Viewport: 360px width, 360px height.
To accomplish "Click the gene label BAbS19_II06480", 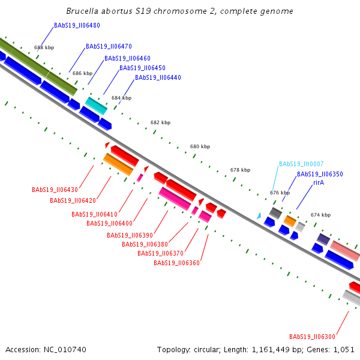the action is [77, 25].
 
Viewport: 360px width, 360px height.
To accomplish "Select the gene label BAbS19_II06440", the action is [158, 77].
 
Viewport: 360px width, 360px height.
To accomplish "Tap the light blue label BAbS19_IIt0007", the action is [301, 164].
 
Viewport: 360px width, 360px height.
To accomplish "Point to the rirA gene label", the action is [319, 182].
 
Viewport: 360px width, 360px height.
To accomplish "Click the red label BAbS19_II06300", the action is [312, 337].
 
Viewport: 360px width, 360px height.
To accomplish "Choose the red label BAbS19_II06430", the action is [55, 190].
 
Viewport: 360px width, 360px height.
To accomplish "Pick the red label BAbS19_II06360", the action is [176, 263].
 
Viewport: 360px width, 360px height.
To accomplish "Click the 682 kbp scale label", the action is [160, 122].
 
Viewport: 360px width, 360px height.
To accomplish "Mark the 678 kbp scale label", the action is [241, 170].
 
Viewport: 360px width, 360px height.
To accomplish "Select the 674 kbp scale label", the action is [321, 215].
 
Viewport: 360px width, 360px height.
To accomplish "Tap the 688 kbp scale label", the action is [44, 47].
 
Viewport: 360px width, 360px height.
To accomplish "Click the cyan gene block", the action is [96, 106].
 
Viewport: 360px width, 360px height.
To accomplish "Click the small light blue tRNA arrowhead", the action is [259, 216].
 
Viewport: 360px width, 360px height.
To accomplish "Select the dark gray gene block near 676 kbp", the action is [275, 213].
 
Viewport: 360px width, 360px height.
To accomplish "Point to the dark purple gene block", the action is [323, 239].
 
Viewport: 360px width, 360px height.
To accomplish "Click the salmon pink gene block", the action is [345, 251].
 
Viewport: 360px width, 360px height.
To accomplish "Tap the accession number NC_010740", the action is [65, 350].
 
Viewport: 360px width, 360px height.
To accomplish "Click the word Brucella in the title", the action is [82, 11].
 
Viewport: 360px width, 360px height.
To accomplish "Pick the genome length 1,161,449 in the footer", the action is [271, 350].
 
